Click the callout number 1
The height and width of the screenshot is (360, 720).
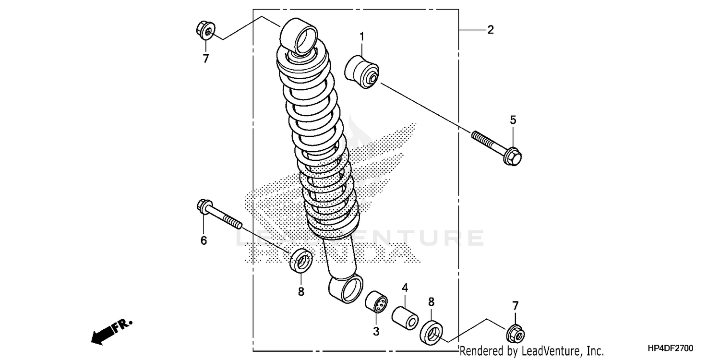(362, 36)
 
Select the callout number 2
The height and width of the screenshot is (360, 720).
(490, 30)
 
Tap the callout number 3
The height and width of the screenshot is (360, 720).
(376, 331)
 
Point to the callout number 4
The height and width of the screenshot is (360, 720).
(405, 288)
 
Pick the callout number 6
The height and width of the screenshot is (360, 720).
(204, 240)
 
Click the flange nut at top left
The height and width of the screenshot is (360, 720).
(204, 30)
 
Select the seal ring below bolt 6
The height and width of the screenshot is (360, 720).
(301, 260)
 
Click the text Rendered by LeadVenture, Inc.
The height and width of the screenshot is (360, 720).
(532, 351)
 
